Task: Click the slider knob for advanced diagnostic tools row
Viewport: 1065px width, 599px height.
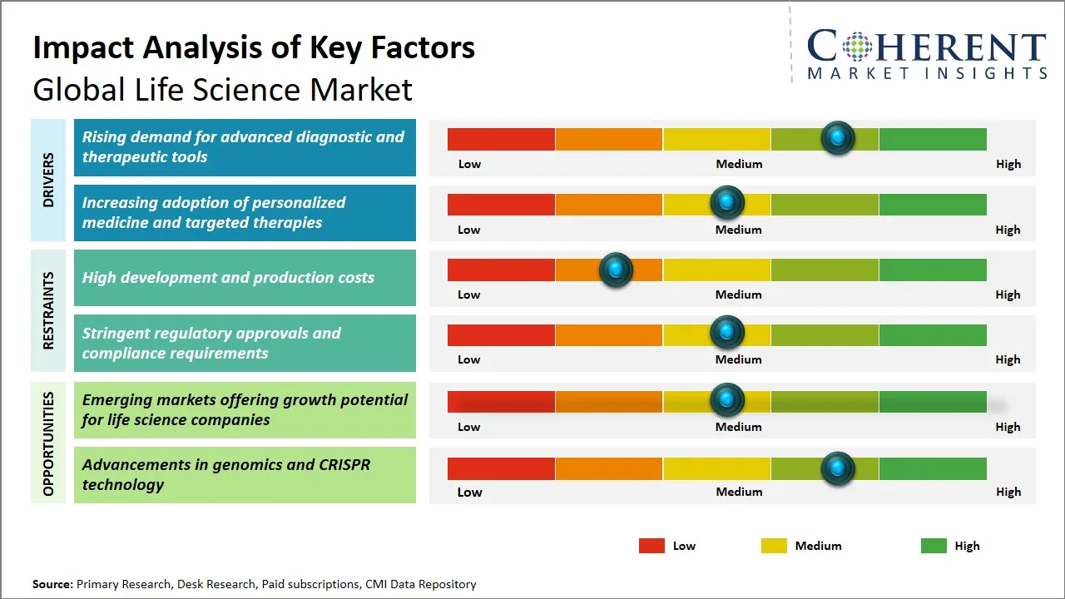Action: click(x=838, y=137)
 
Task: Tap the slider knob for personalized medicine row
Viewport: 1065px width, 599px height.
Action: click(x=727, y=202)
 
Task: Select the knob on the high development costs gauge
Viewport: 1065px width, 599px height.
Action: click(x=616, y=269)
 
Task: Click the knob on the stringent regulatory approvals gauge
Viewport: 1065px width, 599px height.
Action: click(x=727, y=333)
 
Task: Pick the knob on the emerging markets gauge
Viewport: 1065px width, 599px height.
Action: click(x=727, y=400)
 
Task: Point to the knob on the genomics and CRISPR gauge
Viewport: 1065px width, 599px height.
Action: click(x=838, y=468)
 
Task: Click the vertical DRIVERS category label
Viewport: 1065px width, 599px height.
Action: click(x=48, y=180)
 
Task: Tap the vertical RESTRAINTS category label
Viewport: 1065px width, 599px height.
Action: click(x=48, y=310)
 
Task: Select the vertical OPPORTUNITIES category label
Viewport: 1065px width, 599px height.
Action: click(x=48, y=444)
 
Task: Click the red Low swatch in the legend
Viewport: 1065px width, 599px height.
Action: click(x=651, y=546)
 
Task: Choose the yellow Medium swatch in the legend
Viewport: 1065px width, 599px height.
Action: click(x=774, y=546)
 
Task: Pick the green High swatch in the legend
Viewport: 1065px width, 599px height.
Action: click(x=934, y=546)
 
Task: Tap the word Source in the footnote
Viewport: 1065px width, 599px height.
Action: click(x=52, y=584)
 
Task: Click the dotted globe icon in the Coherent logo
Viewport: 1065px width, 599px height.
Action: click(x=856, y=47)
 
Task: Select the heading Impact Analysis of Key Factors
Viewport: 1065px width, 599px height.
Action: click(x=254, y=48)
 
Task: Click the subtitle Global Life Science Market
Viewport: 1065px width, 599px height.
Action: click(x=222, y=90)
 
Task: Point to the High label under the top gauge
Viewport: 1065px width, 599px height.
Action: click(x=1008, y=164)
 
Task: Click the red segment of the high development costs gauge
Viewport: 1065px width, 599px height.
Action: click(x=501, y=270)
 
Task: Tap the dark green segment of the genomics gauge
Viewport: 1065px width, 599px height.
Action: click(x=932, y=468)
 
